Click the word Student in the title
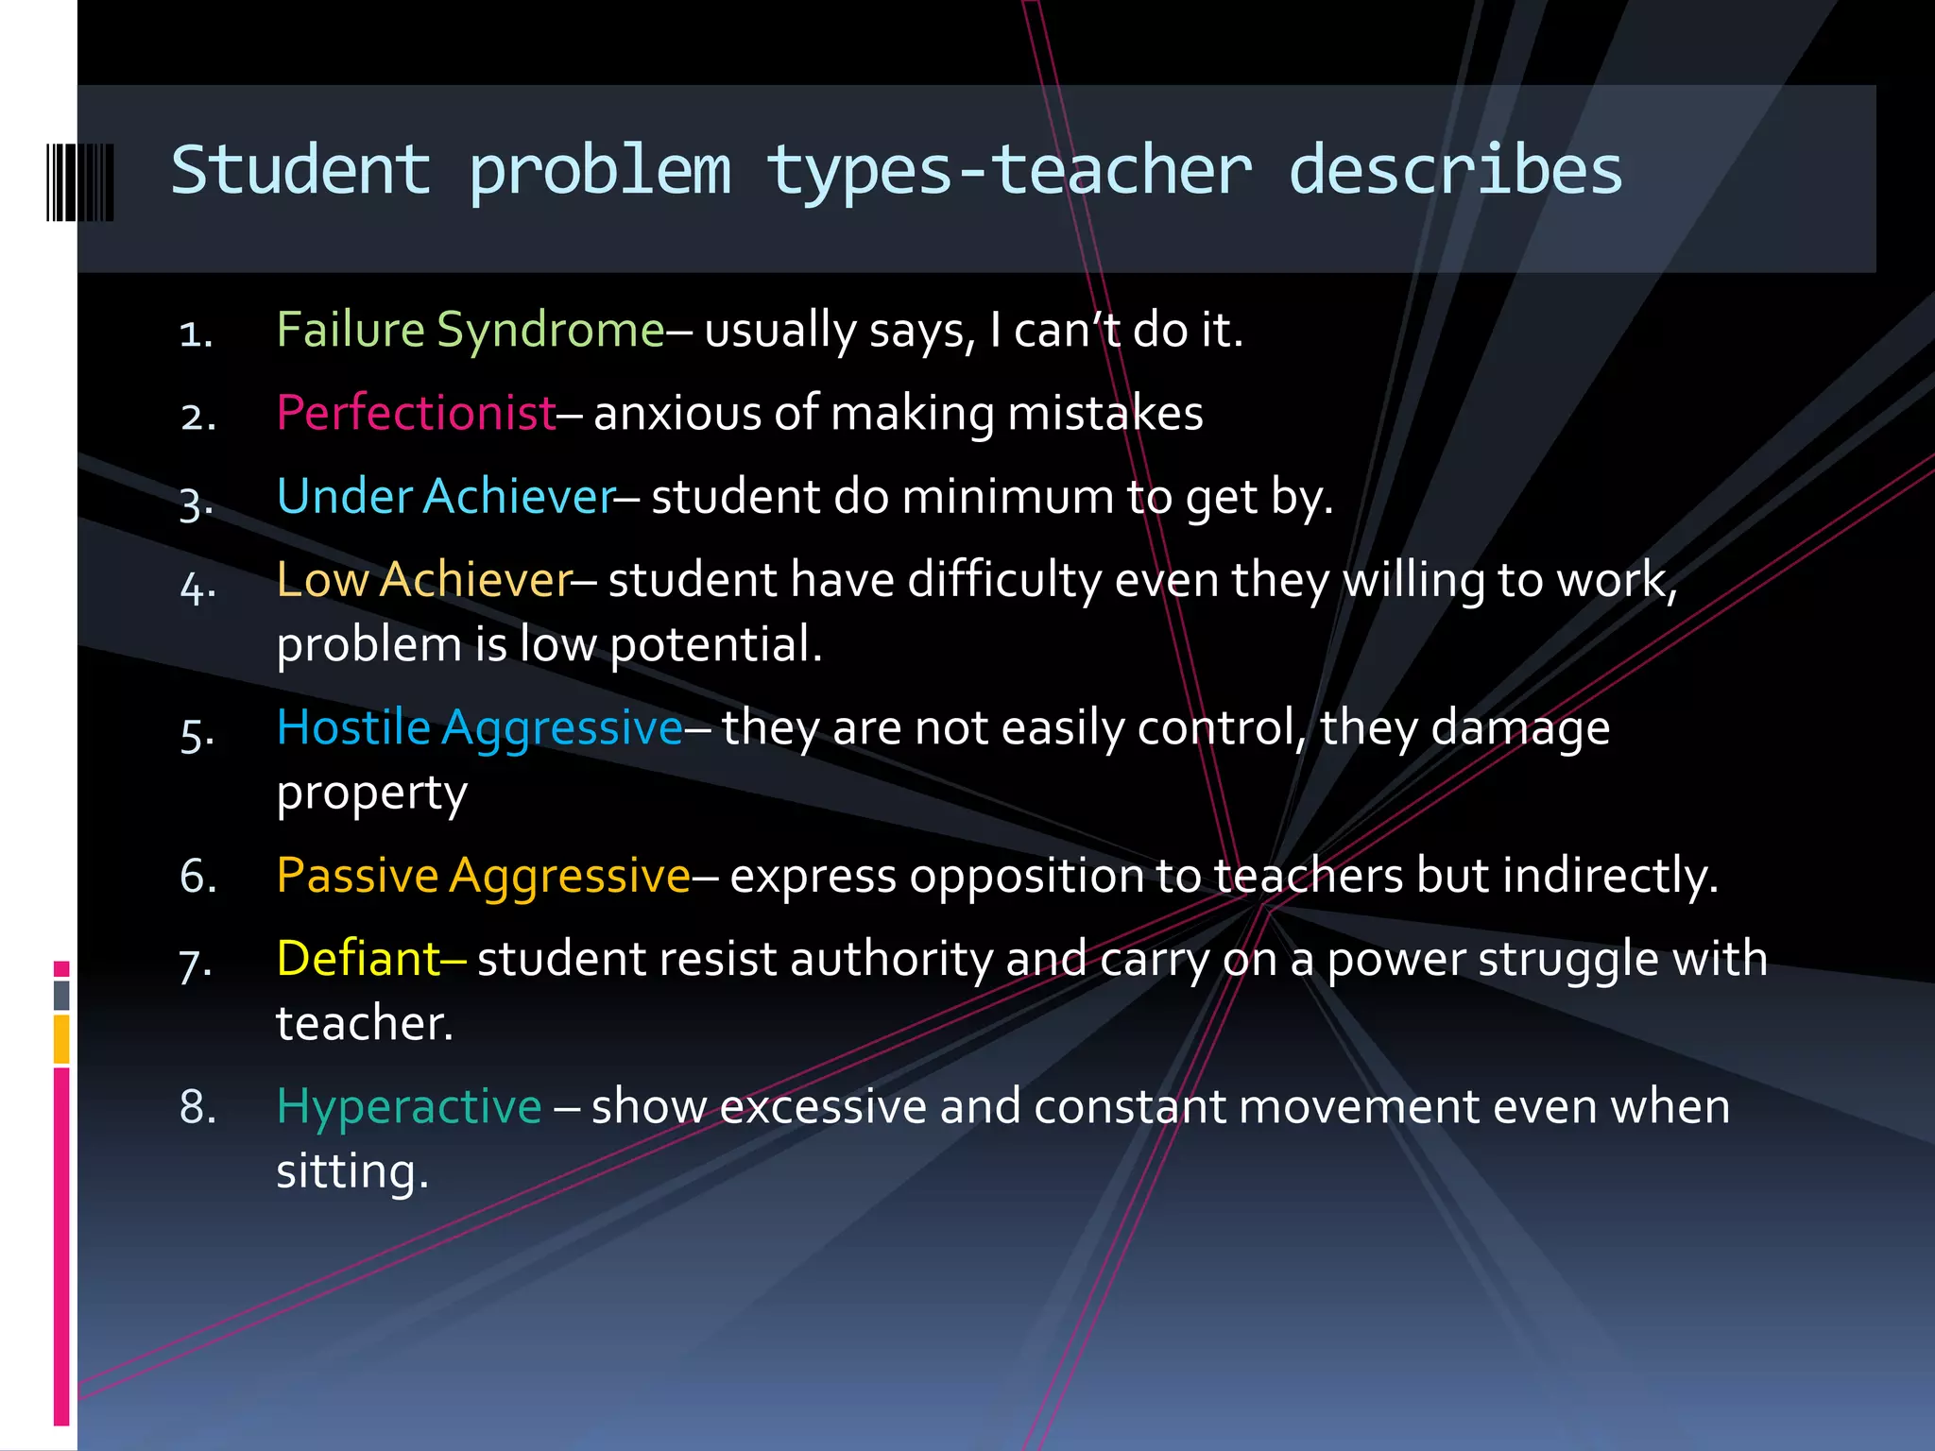point(300,171)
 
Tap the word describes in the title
point(1455,171)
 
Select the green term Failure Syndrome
point(471,331)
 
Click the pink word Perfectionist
point(416,414)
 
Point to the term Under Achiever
point(446,497)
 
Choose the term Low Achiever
point(424,580)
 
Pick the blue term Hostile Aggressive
point(479,728)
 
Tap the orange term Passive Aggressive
point(483,876)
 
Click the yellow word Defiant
point(358,959)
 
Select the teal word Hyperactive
point(409,1106)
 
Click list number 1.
point(197,334)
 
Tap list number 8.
point(197,1107)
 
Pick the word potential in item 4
point(715,645)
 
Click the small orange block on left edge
point(61,1039)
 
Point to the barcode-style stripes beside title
point(80,182)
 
